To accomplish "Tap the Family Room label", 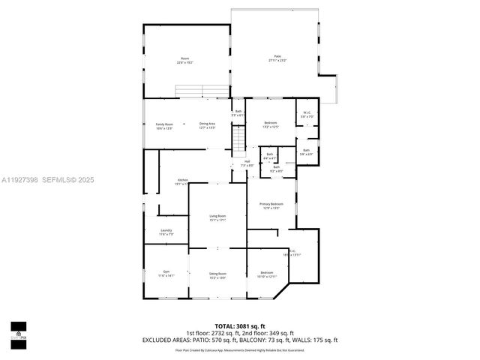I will tap(164, 125).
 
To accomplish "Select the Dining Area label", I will tap(207, 125).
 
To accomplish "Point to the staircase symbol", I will tap(238, 139).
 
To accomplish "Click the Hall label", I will tap(246, 163).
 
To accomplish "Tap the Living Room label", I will tap(217, 217).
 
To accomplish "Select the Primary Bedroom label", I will tap(271, 205).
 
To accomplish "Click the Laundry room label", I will tap(166, 232).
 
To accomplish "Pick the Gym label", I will tap(166, 274).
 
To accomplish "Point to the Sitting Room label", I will tap(217, 275).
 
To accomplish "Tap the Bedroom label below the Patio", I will tap(270, 124).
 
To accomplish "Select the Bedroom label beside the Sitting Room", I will tap(267, 274).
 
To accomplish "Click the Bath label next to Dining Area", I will tap(238, 113).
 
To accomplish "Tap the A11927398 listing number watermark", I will tap(21, 179).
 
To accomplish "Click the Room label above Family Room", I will tap(184, 60).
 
